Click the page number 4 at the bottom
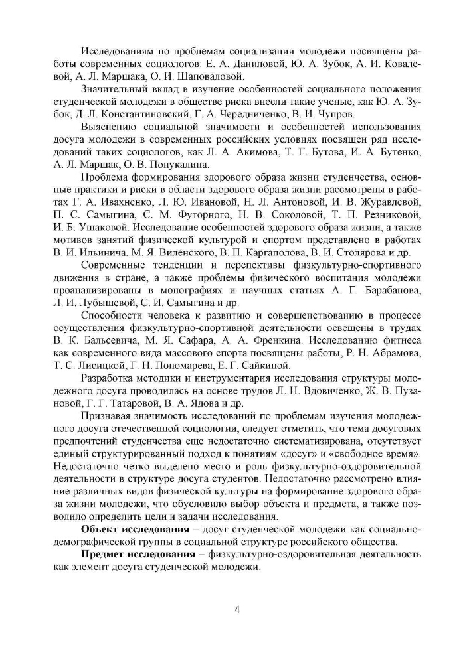point(237,611)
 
